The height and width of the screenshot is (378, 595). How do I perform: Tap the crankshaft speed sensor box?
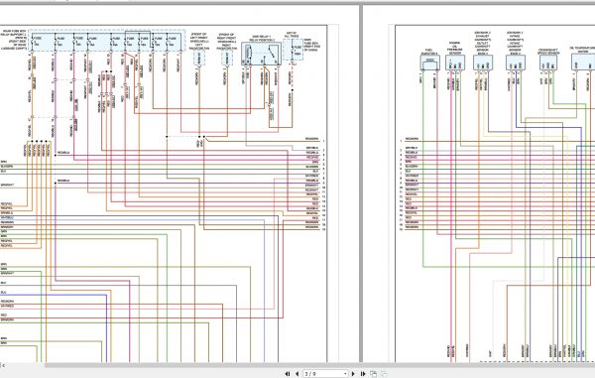coord(549,62)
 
